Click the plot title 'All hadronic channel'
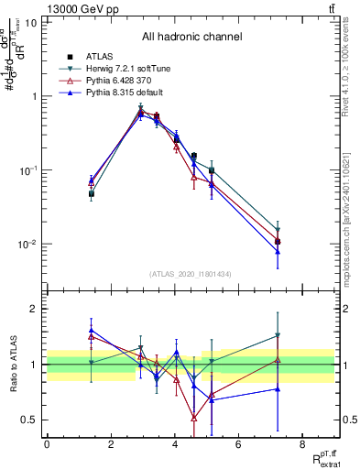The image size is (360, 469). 191,38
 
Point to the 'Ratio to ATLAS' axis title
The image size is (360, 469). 13,364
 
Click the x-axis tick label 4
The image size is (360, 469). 174,444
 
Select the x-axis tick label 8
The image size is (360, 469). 301,444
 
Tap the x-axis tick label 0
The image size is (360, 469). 47,444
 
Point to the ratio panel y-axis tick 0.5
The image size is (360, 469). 29,420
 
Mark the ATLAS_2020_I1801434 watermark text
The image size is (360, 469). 191,274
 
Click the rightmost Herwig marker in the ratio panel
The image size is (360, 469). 277,336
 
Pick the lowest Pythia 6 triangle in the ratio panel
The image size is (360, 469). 194,418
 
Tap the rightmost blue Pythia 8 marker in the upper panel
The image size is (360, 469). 277,251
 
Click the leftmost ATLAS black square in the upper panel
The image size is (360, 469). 92,194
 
